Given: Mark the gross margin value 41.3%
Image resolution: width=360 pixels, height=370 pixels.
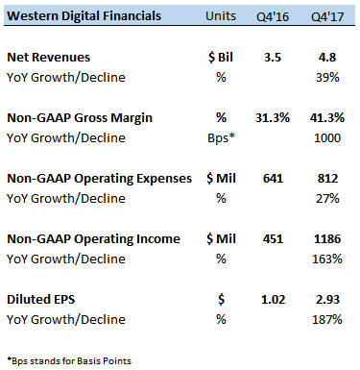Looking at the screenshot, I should click(x=326, y=118).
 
